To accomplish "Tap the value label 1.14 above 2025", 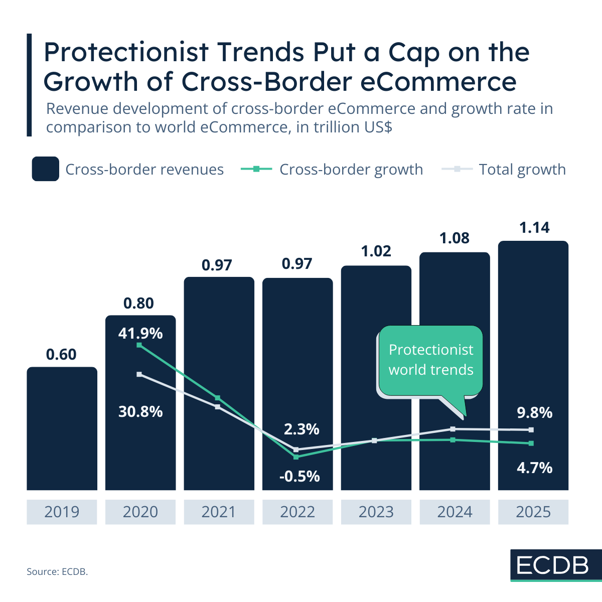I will (534, 228).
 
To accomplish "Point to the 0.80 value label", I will (138, 303).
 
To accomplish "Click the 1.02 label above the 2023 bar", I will (376, 251).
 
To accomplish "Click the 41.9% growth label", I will (140, 333).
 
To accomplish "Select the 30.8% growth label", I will (140, 411).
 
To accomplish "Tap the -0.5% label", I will (299, 476).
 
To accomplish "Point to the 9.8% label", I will (534, 413).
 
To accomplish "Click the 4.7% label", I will (534, 468).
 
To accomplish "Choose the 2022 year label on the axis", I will (297, 512).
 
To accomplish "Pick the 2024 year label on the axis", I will (455, 512).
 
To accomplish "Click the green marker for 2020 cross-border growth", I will (139, 345).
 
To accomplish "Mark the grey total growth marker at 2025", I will (531, 430).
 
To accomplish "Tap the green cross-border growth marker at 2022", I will (296, 457).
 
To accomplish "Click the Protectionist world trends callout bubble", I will (430, 360).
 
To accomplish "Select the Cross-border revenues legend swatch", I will (45, 169).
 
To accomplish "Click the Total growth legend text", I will (522, 170).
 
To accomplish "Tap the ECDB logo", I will (553, 565).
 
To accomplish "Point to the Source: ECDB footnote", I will (57, 571).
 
